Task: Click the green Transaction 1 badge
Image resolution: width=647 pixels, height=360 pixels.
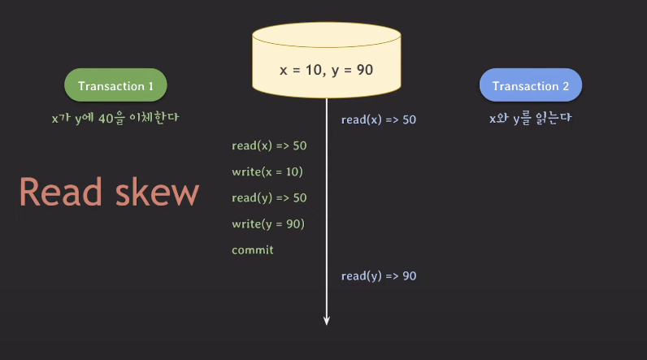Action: coord(115,85)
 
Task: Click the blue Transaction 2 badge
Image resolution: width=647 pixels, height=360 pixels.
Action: coord(531,85)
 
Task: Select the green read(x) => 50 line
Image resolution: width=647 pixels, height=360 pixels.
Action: coord(269,145)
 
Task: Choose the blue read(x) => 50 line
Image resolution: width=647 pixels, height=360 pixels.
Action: coord(378,119)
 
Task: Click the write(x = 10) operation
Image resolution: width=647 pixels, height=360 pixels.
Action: coord(267,171)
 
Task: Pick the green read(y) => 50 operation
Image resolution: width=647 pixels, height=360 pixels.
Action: coord(269,197)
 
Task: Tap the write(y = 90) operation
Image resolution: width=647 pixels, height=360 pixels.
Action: coord(267,223)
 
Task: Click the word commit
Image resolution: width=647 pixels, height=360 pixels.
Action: coord(253,249)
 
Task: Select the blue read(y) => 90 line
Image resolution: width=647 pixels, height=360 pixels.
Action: coord(378,276)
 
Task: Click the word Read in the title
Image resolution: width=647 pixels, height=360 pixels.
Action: coord(60,193)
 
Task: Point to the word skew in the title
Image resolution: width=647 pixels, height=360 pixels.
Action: coord(156,193)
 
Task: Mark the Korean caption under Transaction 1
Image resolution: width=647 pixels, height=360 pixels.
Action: coord(115,118)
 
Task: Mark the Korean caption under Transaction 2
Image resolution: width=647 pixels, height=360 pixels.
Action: coord(531,118)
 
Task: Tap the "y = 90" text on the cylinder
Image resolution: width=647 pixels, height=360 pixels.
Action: coord(353,70)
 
